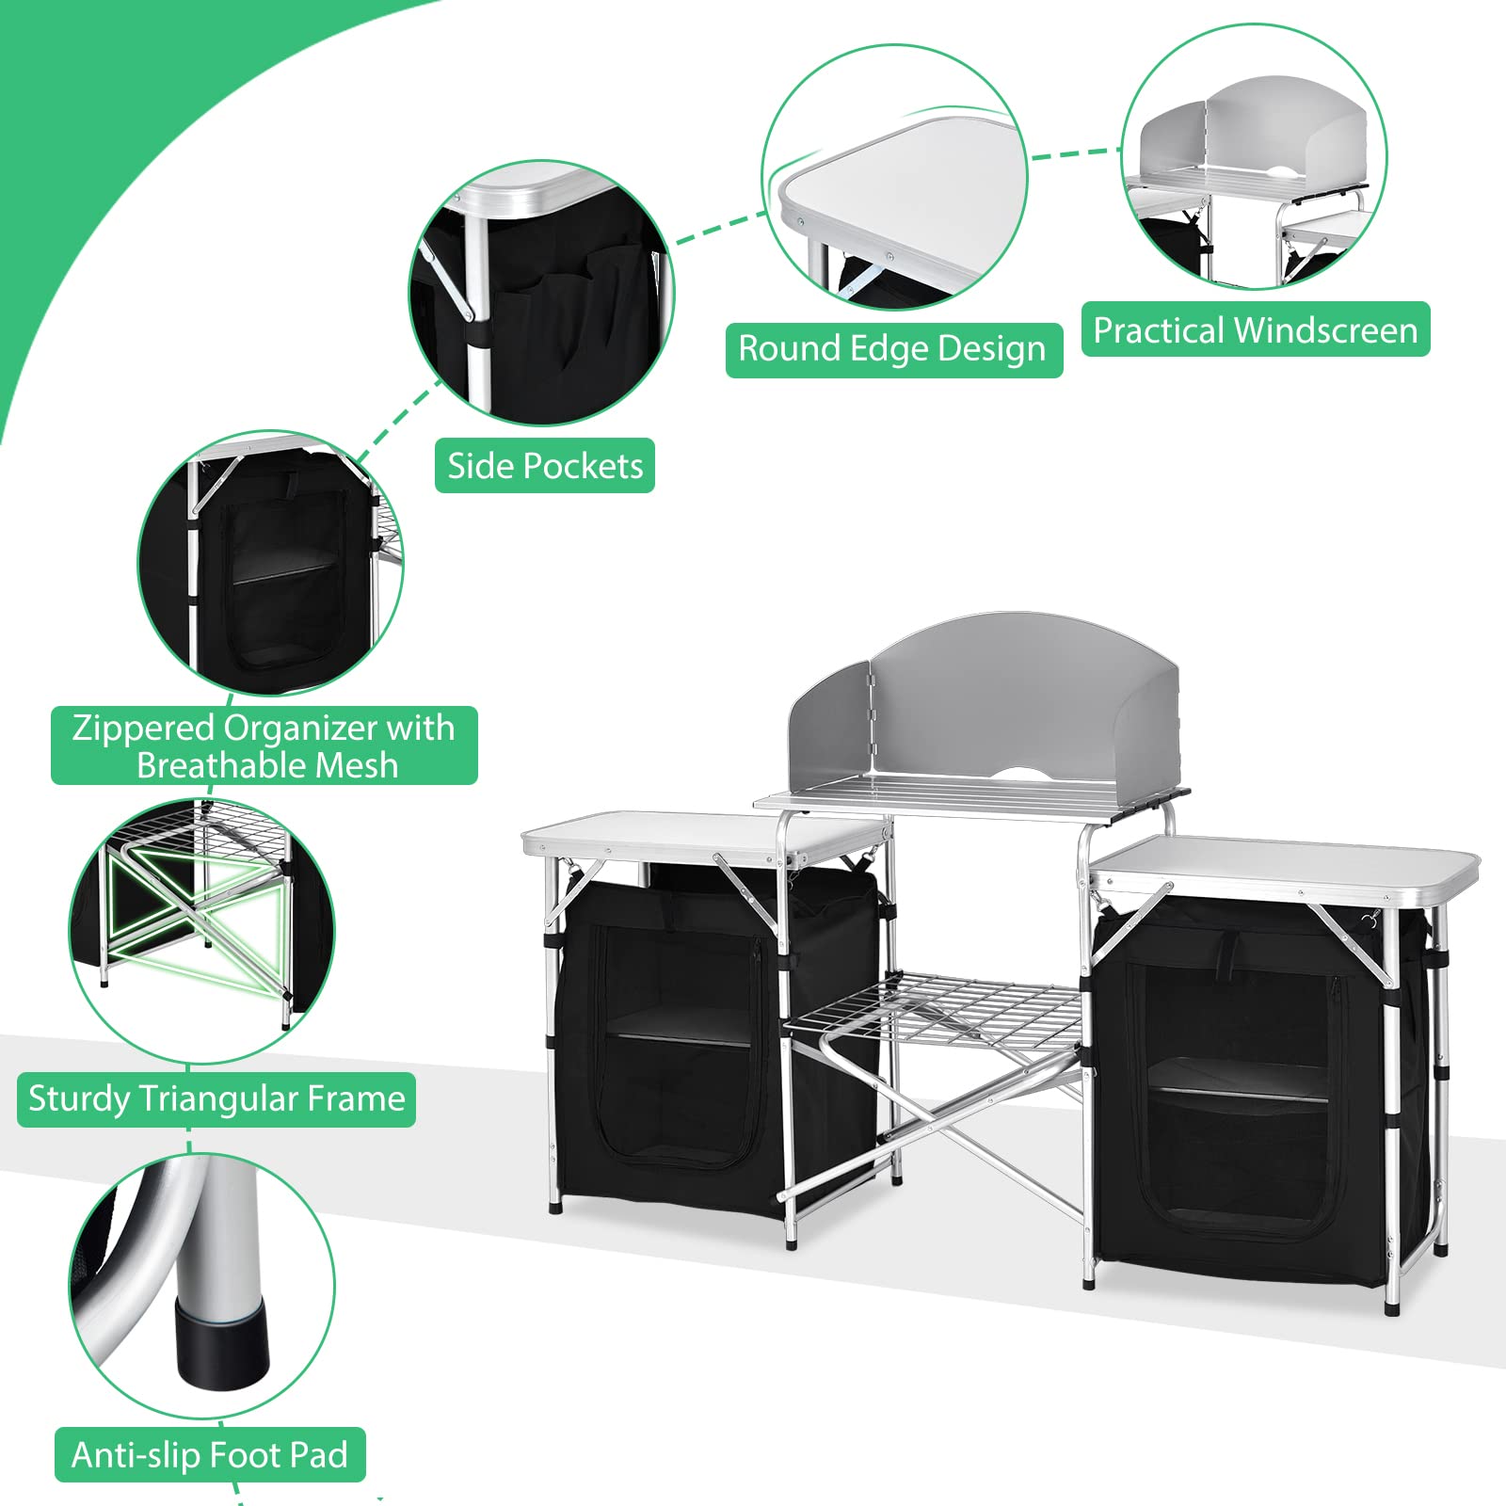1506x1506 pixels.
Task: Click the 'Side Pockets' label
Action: click(x=545, y=465)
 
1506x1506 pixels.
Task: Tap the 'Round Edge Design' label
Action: click(x=893, y=349)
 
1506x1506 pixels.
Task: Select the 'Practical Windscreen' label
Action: click(x=1256, y=329)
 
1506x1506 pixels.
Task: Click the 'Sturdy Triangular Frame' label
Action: click(x=216, y=1099)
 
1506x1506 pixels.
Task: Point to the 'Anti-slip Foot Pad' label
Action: click(x=210, y=1455)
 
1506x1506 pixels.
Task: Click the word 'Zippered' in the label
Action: click(x=144, y=728)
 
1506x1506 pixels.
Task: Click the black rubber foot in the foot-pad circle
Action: click(x=221, y=1348)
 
